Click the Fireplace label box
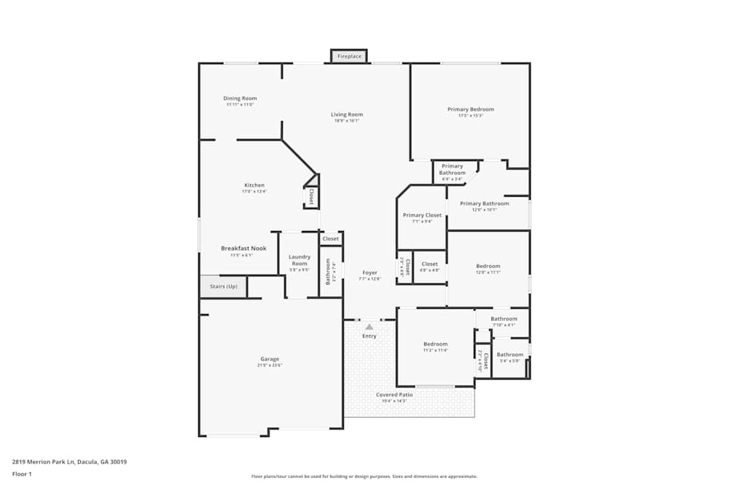click(349, 56)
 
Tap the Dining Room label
click(240, 98)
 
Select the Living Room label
click(347, 114)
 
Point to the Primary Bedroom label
click(470, 109)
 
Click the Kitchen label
click(254, 185)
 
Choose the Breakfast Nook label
click(243, 248)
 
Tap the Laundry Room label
click(300, 259)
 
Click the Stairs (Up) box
click(224, 286)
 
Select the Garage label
click(270, 359)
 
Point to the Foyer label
click(370, 273)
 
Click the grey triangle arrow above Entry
click(370, 327)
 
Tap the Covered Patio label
click(394, 395)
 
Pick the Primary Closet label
click(422, 216)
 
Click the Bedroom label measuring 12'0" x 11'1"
click(488, 267)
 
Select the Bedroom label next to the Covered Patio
click(436, 344)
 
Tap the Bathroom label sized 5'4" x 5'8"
click(510, 355)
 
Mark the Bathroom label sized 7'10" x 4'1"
click(504, 319)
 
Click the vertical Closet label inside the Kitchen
click(311, 196)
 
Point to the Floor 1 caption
click(22, 474)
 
